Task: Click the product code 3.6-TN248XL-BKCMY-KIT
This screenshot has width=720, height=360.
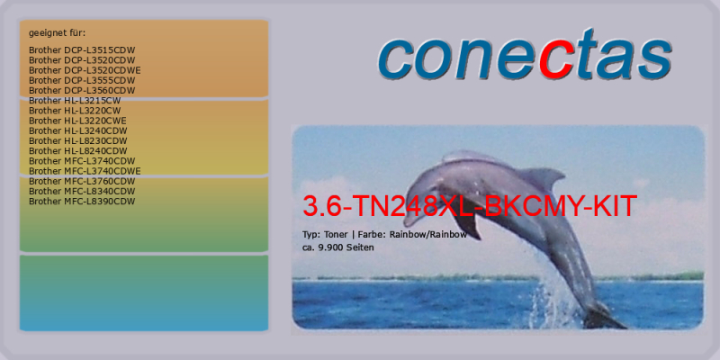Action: pyautogui.click(x=470, y=206)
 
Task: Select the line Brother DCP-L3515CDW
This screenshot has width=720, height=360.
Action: pyautogui.click(x=82, y=50)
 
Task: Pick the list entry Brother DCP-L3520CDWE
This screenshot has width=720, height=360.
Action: pyautogui.click(x=85, y=70)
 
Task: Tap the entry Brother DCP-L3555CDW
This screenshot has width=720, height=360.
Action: pyautogui.click(x=82, y=80)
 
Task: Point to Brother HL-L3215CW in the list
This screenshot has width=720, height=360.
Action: pyautogui.click(x=75, y=101)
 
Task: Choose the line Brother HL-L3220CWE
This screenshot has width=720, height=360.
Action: pyautogui.click(x=77, y=121)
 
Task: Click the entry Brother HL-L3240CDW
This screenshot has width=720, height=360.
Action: pyautogui.click(x=78, y=130)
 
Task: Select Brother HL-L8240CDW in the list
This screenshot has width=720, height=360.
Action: pyautogui.click(x=78, y=151)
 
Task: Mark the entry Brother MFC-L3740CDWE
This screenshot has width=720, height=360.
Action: pyautogui.click(x=85, y=171)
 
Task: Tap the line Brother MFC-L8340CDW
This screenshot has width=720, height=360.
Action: pyautogui.click(x=82, y=192)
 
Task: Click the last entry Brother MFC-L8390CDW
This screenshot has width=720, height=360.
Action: pyautogui.click(x=82, y=202)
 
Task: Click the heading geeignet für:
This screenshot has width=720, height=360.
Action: pyautogui.click(x=58, y=33)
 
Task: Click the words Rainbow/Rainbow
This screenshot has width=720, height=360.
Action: pyautogui.click(x=428, y=234)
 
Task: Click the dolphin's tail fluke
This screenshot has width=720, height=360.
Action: pyautogui.click(x=604, y=317)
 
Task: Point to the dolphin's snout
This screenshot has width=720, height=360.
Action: pyautogui.click(x=410, y=218)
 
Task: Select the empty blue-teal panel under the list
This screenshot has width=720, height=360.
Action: pyautogui.click(x=144, y=293)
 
